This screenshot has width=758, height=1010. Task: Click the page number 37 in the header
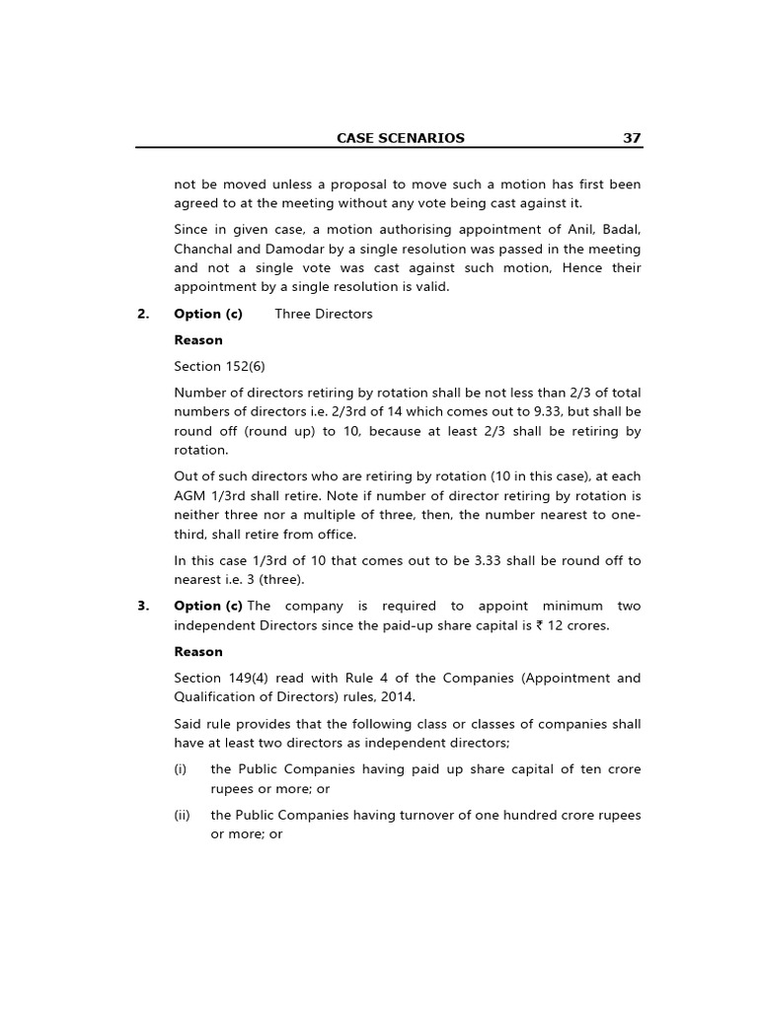[632, 138]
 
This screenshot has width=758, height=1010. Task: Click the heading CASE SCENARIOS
[400, 138]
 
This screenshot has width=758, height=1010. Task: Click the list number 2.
[142, 314]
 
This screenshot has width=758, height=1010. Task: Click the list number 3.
[142, 606]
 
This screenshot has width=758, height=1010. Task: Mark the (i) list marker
[181, 769]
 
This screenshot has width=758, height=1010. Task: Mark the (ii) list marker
[182, 815]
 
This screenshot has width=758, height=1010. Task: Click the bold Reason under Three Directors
[198, 340]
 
